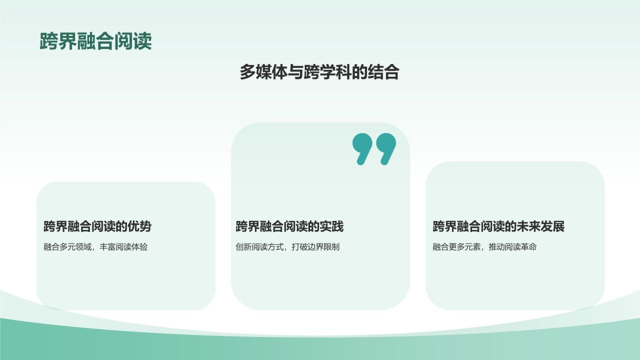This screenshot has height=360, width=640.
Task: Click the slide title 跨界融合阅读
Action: click(95, 41)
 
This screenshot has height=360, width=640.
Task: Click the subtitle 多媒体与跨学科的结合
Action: click(319, 72)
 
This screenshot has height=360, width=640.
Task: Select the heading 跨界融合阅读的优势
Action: click(97, 226)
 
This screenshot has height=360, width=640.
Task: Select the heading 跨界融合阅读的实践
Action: click(289, 226)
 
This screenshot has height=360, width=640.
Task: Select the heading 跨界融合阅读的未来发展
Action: click(498, 226)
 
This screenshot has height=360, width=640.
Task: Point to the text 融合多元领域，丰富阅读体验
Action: click(95, 247)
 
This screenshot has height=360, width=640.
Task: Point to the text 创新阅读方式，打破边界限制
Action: click(287, 247)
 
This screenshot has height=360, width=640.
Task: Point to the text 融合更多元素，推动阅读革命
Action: click(484, 247)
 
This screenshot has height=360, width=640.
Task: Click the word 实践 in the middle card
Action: click(332, 226)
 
